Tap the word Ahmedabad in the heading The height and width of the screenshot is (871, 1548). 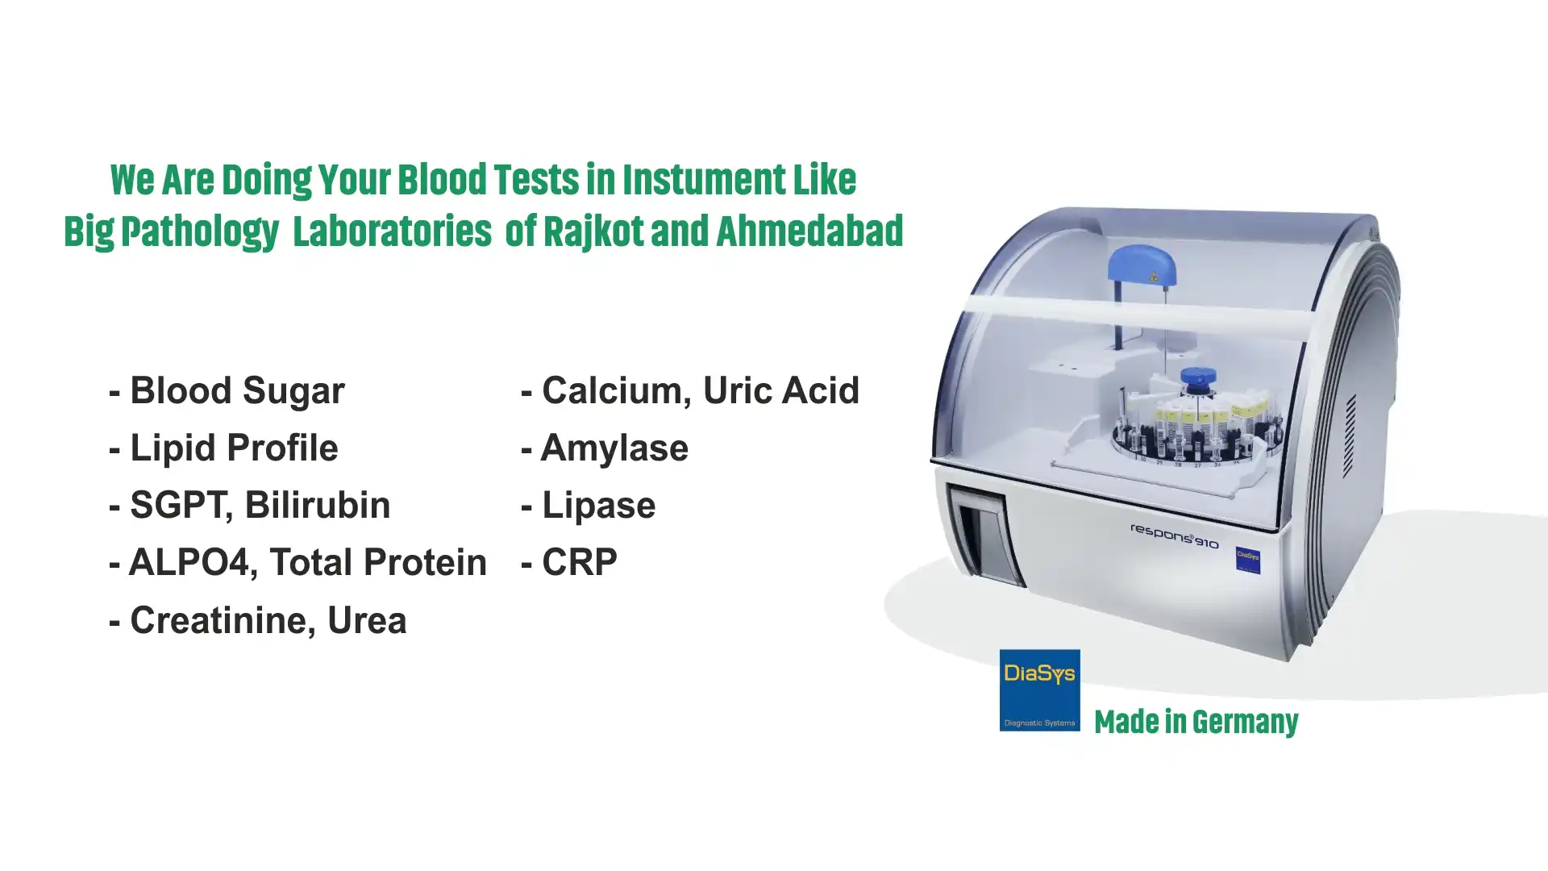(x=809, y=231)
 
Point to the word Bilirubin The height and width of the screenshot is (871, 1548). (x=317, y=506)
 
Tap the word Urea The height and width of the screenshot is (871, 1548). (x=367, y=621)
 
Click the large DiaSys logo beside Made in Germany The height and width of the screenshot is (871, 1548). (x=1039, y=690)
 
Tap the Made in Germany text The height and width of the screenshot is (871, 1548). (x=1196, y=722)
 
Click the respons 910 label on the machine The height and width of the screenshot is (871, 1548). (x=1175, y=536)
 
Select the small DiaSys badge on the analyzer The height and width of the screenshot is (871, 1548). (x=1248, y=560)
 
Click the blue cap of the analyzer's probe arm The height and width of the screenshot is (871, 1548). (x=1142, y=267)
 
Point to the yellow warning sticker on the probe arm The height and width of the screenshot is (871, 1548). (x=1154, y=277)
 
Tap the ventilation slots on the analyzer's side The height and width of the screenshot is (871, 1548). (x=1350, y=435)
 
